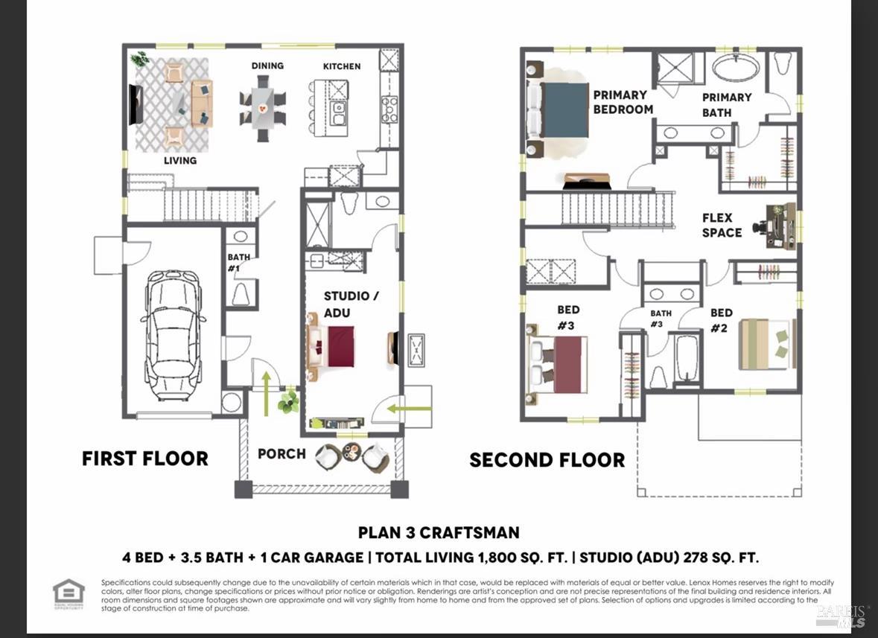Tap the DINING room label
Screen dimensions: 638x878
(267, 66)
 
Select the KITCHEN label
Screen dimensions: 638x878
(342, 66)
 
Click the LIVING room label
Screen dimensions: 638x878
(180, 160)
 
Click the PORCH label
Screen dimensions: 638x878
(281, 453)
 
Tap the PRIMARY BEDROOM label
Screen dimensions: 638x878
(623, 102)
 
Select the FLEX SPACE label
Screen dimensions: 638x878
(722, 226)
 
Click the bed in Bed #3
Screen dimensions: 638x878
(559, 364)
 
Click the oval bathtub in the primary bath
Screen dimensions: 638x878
(737, 68)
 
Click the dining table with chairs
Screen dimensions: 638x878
(262, 109)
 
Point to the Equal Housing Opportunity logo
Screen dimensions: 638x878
(69, 593)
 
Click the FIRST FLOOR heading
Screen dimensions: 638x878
(145, 459)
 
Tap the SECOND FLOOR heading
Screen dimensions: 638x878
(547, 460)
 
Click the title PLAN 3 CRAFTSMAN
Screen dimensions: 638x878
(439, 532)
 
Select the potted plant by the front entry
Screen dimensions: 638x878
(288, 403)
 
